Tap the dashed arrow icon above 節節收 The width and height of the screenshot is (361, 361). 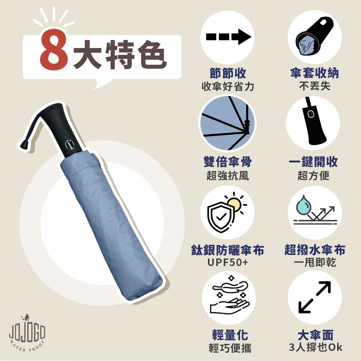click(228, 37)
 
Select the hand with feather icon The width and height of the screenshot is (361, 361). click(227, 297)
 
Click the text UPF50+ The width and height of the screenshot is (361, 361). click(228, 263)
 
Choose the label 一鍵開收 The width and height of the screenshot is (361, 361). click(313, 162)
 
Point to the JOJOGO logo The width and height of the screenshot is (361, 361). click(27, 332)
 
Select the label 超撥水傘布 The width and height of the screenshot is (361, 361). click(314, 250)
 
